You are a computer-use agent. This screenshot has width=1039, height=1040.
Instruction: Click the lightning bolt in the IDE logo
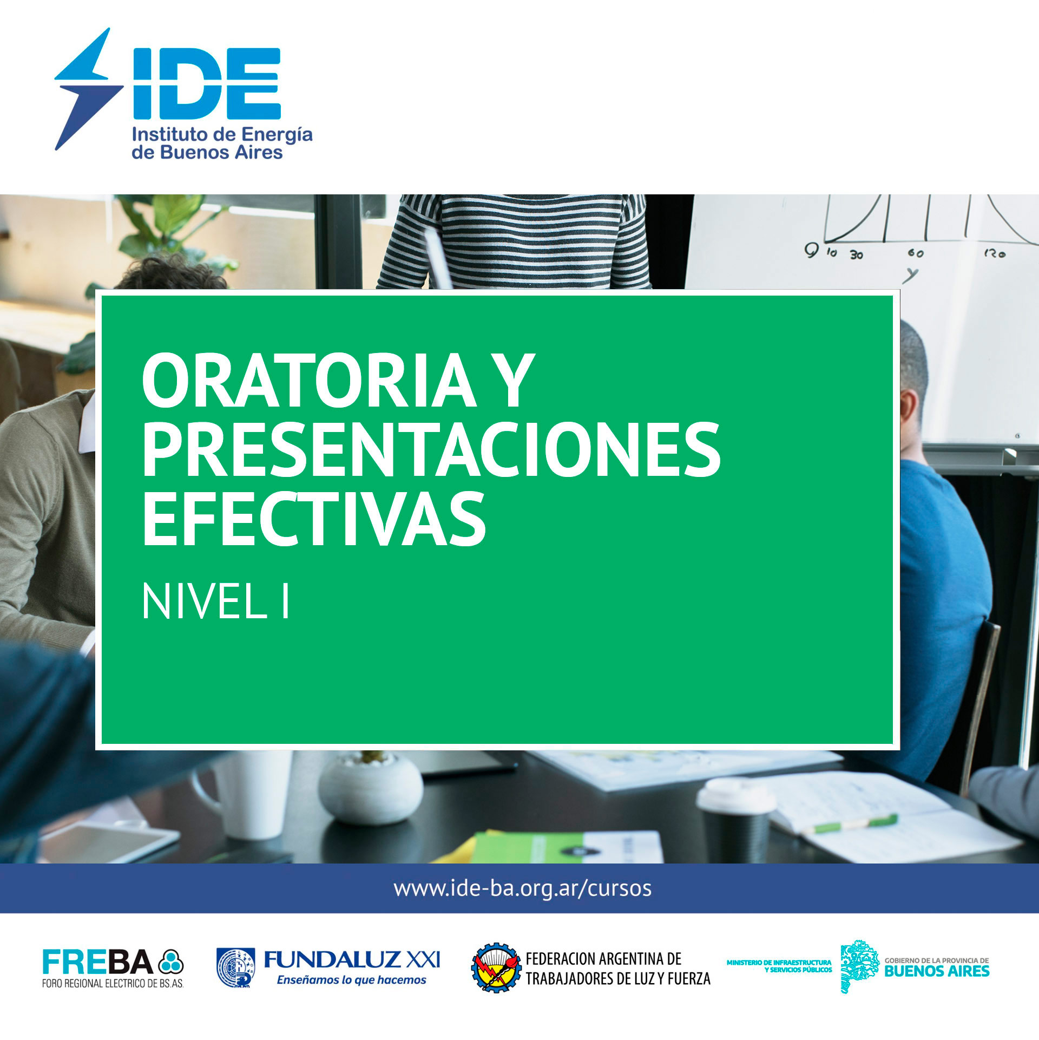(x=89, y=89)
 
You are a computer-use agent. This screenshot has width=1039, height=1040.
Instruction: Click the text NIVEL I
(x=216, y=601)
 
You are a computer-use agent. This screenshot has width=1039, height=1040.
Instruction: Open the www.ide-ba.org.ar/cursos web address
(x=522, y=888)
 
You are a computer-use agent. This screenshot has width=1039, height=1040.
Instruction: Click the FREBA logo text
(x=98, y=962)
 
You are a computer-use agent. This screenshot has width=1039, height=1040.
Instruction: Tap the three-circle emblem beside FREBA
(x=171, y=962)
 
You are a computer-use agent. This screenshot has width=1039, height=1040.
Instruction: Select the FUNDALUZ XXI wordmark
(x=352, y=960)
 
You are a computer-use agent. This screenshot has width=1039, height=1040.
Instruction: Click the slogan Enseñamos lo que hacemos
(x=352, y=980)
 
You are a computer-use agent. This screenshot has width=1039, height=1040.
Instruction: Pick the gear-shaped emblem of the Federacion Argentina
(x=496, y=967)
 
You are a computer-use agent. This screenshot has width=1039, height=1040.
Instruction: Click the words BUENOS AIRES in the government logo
(x=937, y=971)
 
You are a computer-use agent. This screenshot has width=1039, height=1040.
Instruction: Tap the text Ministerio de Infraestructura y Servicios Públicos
(x=779, y=966)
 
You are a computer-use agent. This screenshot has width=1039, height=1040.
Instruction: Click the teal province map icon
(x=859, y=966)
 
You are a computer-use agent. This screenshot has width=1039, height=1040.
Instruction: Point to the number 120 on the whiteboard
(x=995, y=252)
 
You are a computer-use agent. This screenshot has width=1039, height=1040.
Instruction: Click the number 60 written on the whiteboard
(x=916, y=253)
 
